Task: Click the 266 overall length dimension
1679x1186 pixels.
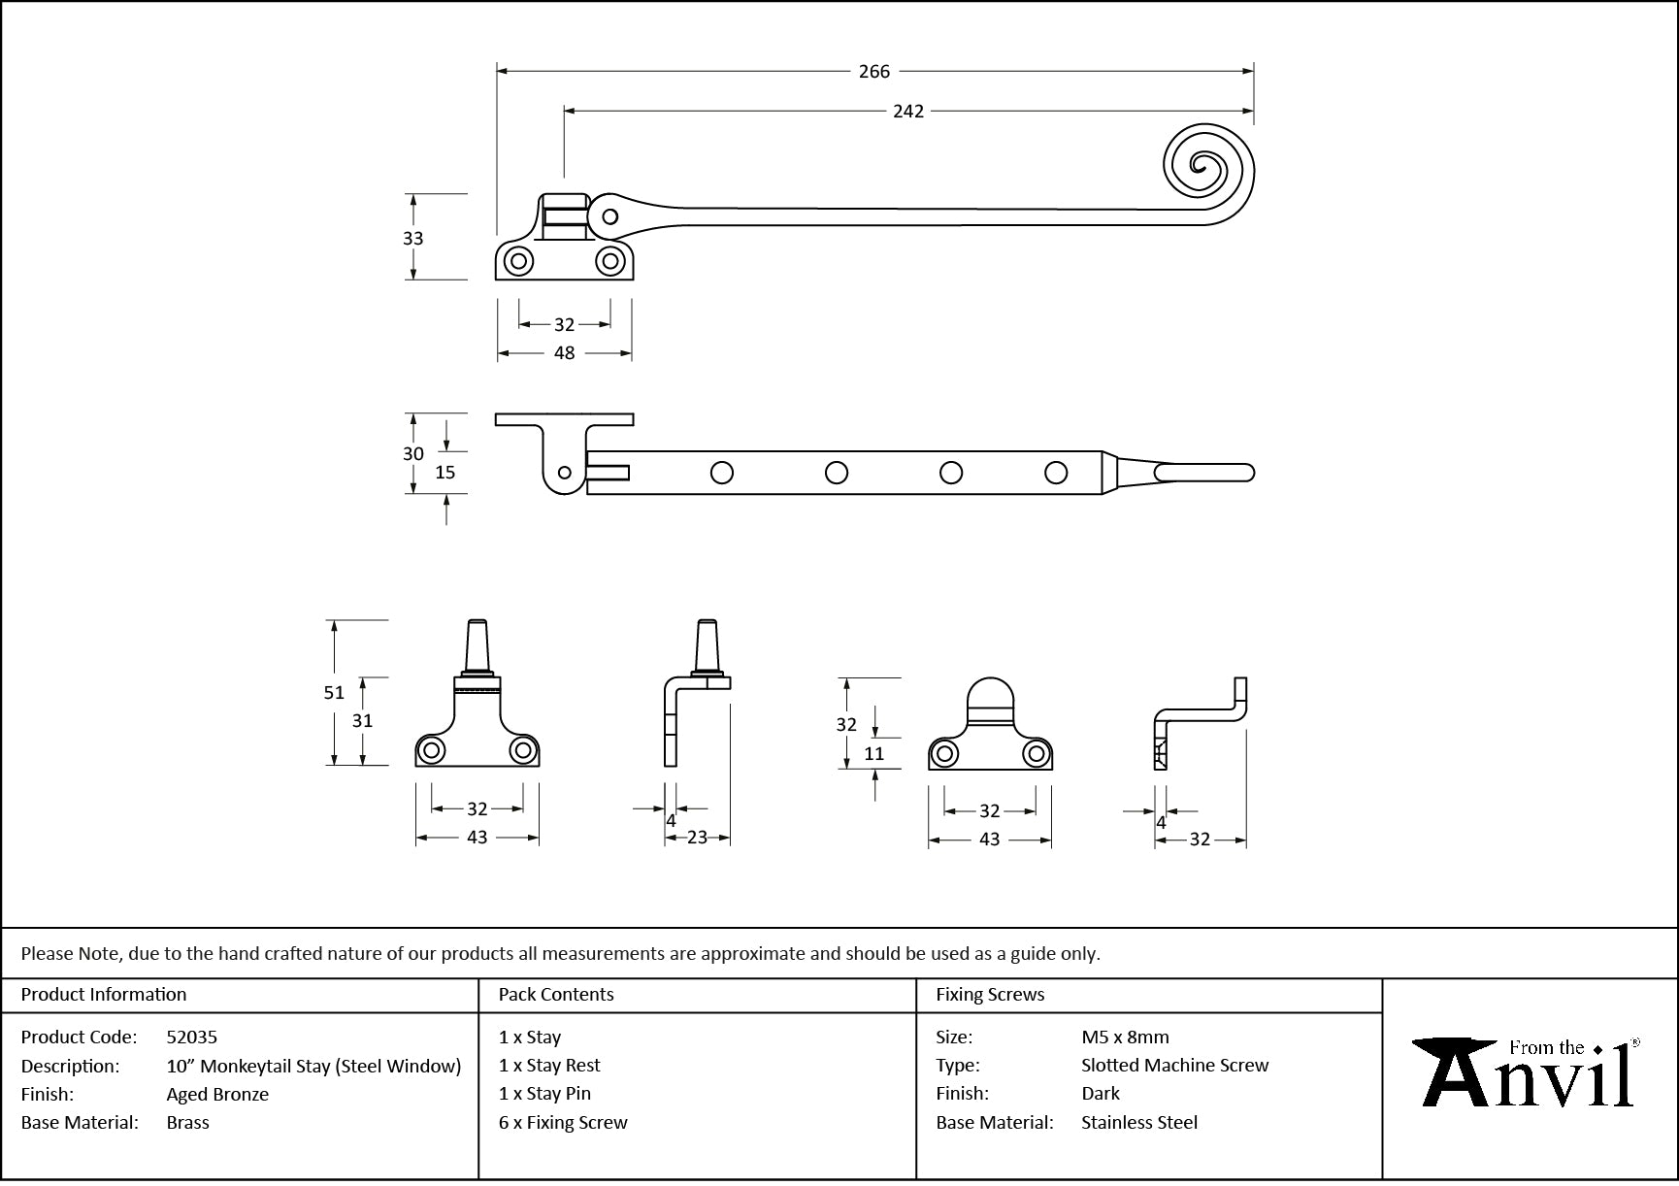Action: click(873, 71)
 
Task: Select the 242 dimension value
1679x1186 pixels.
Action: click(908, 112)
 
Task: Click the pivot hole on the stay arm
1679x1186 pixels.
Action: click(609, 216)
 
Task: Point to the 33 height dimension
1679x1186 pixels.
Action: click(413, 238)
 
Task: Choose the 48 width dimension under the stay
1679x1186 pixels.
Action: click(564, 353)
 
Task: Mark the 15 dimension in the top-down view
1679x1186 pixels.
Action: click(445, 473)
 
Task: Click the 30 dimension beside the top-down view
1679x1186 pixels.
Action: click(413, 453)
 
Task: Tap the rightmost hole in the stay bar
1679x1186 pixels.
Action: click(1056, 473)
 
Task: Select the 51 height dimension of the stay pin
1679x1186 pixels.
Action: click(334, 692)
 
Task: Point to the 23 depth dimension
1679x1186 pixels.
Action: click(697, 838)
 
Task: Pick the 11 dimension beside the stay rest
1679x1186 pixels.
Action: click(874, 753)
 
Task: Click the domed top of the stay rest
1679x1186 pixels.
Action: click(990, 695)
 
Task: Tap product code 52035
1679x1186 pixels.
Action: click(192, 1037)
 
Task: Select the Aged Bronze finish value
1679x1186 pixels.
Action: click(217, 1094)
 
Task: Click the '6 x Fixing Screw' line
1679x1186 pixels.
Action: click(563, 1122)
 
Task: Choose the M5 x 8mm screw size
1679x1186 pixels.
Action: click(1125, 1037)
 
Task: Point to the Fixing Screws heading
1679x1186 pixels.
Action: click(990, 994)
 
